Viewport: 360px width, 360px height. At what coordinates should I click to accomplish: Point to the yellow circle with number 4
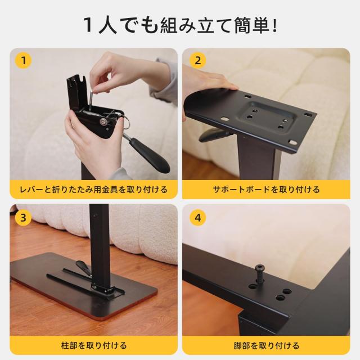pos(197,217)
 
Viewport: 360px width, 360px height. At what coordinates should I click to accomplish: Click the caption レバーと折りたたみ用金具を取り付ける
pos(93,190)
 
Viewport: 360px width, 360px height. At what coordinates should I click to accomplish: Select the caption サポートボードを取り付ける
pos(267,190)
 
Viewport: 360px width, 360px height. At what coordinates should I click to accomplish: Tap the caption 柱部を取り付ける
pos(93,345)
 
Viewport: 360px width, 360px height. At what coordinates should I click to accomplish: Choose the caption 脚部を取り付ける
pos(267,345)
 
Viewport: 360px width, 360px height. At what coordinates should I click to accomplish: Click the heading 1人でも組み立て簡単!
pos(179,25)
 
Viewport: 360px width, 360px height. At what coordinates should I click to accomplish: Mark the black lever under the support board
pos(214,136)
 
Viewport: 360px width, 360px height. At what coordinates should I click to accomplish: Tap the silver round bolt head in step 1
pos(105,120)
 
